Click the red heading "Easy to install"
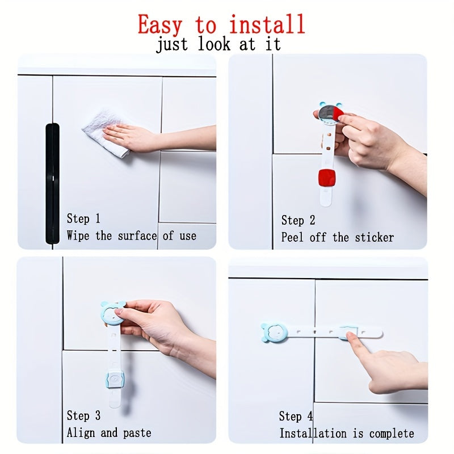221,24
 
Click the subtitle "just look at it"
218,45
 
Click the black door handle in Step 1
52,183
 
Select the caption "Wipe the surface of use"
132,236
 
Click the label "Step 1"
83,218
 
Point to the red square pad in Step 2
327,178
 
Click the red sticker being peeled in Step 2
337,115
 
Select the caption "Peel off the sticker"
338,237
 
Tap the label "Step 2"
299,220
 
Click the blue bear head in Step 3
112,314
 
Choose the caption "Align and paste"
109,433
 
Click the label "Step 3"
83,416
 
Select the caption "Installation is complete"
347,434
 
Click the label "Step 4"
296,417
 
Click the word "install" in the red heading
267,24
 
